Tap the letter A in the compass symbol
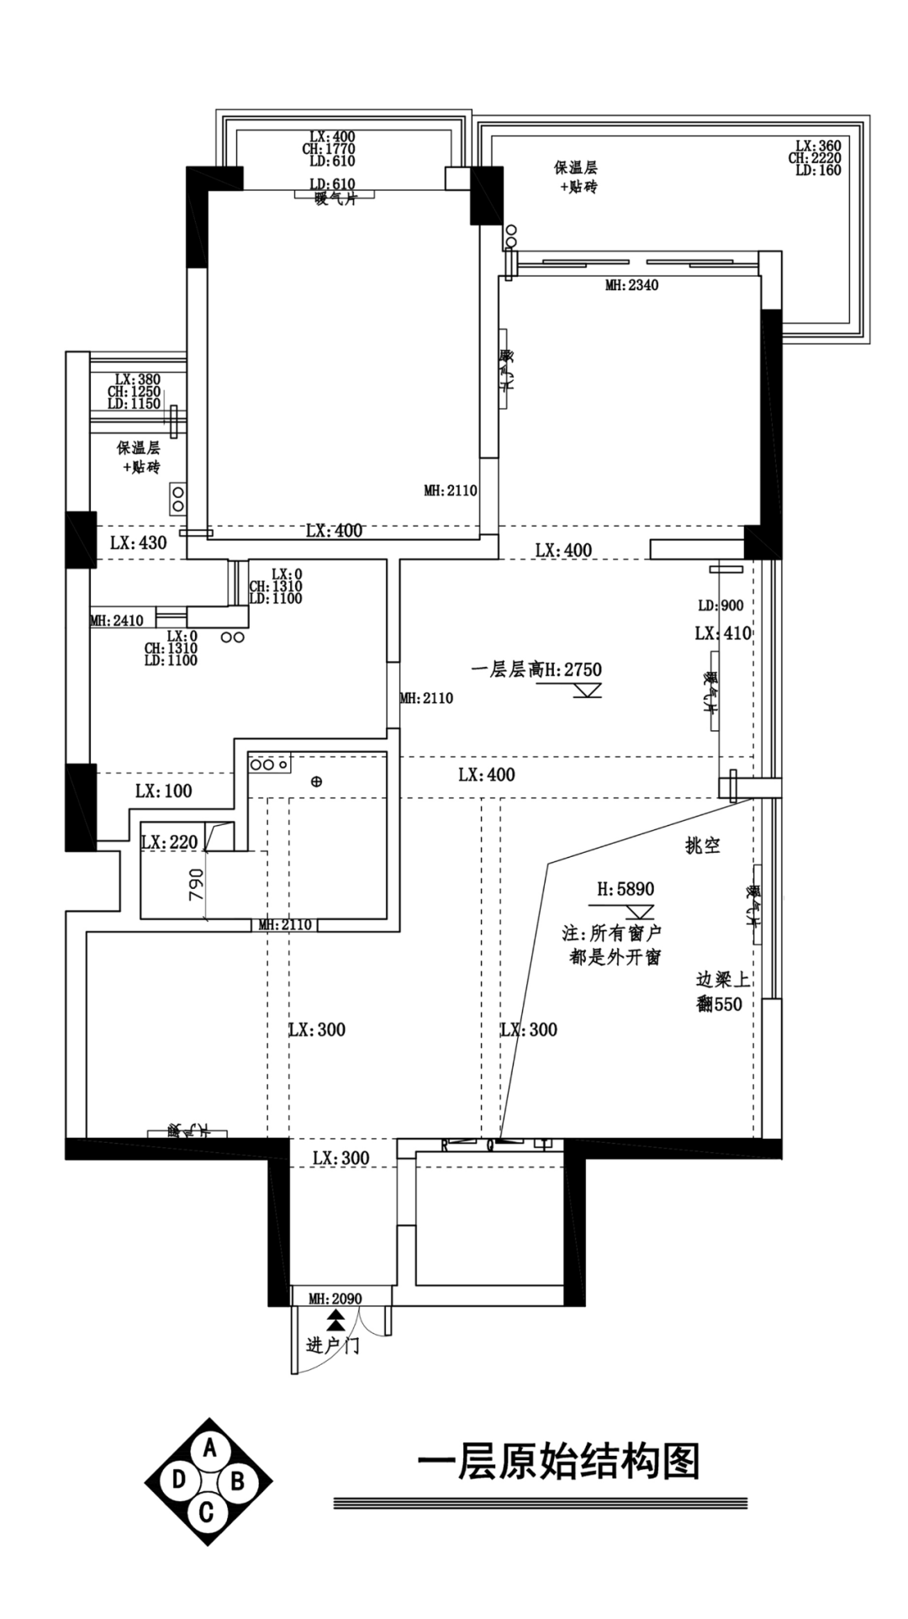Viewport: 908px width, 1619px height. tap(210, 1447)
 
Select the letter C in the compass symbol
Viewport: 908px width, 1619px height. tap(207, 1513)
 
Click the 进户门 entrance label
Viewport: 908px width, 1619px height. tap(334, 1346)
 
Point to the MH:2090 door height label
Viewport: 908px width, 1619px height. tap(335, 1299)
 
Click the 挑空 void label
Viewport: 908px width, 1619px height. tap(703, 846)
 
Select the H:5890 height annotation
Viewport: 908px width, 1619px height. tap(626, 889)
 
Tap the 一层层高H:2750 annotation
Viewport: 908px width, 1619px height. tap(536, 669)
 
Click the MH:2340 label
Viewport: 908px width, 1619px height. tap(631, 285)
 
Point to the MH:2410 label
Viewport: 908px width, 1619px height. tap(117, 621)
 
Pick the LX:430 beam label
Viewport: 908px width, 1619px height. tap(139, 542)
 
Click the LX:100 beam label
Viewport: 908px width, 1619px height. tap(163, 791)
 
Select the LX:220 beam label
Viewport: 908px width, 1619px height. tap(169, 842)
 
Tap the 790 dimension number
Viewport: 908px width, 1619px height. tap(195, 885)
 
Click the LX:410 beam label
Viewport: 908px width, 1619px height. tap(723, 633)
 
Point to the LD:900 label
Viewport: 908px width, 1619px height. tap(721, 606)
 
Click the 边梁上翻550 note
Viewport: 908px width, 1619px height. tap(721, 992)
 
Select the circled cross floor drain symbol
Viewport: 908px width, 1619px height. tap(316, 781)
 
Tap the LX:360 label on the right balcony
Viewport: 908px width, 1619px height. tap(818, 145)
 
